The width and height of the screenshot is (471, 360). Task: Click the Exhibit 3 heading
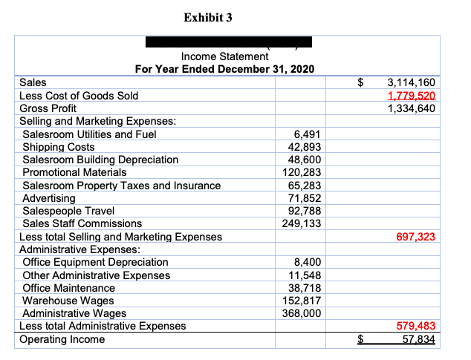(x=207, y=17)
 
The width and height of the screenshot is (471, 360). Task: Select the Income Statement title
(x=224, y=56)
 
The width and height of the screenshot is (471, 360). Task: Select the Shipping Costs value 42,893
(x=306, y=147)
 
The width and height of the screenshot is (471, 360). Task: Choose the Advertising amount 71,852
(x=306, y=198)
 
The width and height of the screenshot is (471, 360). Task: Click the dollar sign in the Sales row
(x=361, y=82)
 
